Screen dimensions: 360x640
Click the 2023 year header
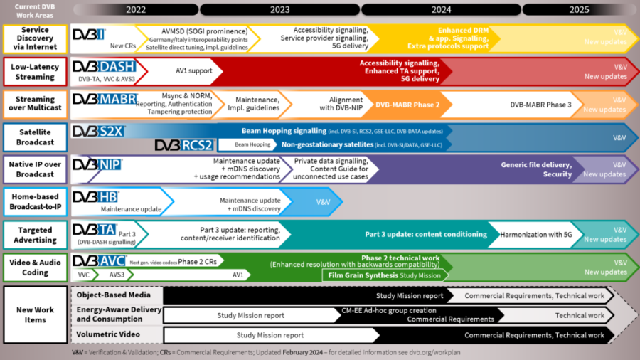point(279,9)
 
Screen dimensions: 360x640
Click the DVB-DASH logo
point(106,66)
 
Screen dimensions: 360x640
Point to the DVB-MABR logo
point(105,99)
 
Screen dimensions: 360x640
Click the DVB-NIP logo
point(97,164)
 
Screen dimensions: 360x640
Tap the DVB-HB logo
point(95,196)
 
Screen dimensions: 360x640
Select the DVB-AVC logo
point(100,260)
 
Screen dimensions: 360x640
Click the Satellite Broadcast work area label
point(35,137)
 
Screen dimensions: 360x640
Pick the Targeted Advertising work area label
point(35,234)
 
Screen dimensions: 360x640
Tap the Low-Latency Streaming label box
point(35,72)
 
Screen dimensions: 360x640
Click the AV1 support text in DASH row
point(196,71)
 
